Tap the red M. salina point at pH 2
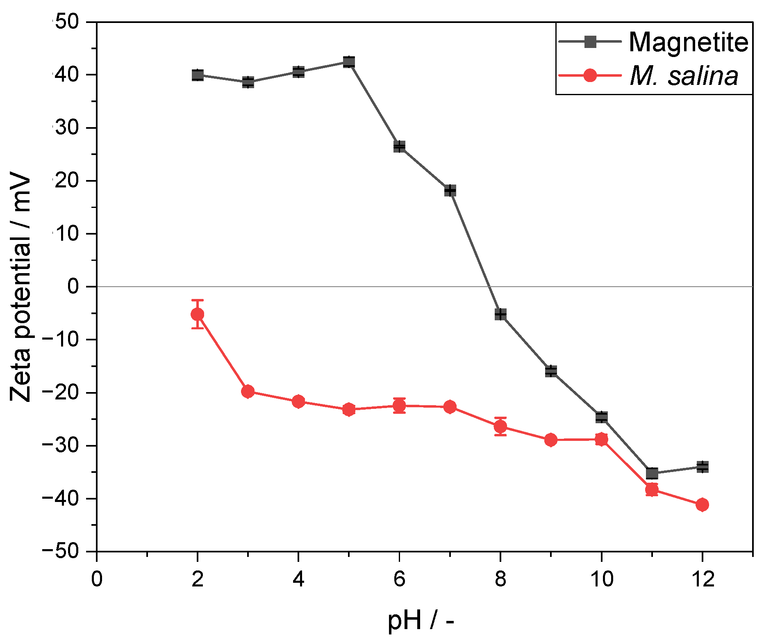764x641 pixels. pos(198,314)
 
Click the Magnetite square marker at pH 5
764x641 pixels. pos(349,62)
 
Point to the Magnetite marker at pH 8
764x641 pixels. pos(500,314)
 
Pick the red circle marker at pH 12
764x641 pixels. pos(702,504)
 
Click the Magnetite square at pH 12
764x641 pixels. pos(702,467)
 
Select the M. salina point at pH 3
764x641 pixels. pos(248,392)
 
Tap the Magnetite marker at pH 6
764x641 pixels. pos(400,146)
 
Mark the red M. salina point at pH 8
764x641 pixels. pos(500,427)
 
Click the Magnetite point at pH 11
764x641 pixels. pos(652,473)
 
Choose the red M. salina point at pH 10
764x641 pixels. pos(601,440)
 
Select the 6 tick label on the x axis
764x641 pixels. pos(400,579)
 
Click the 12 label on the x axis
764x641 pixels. pos(702,579)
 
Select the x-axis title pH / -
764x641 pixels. pos(421,620)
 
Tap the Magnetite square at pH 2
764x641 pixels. pos(198,75)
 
